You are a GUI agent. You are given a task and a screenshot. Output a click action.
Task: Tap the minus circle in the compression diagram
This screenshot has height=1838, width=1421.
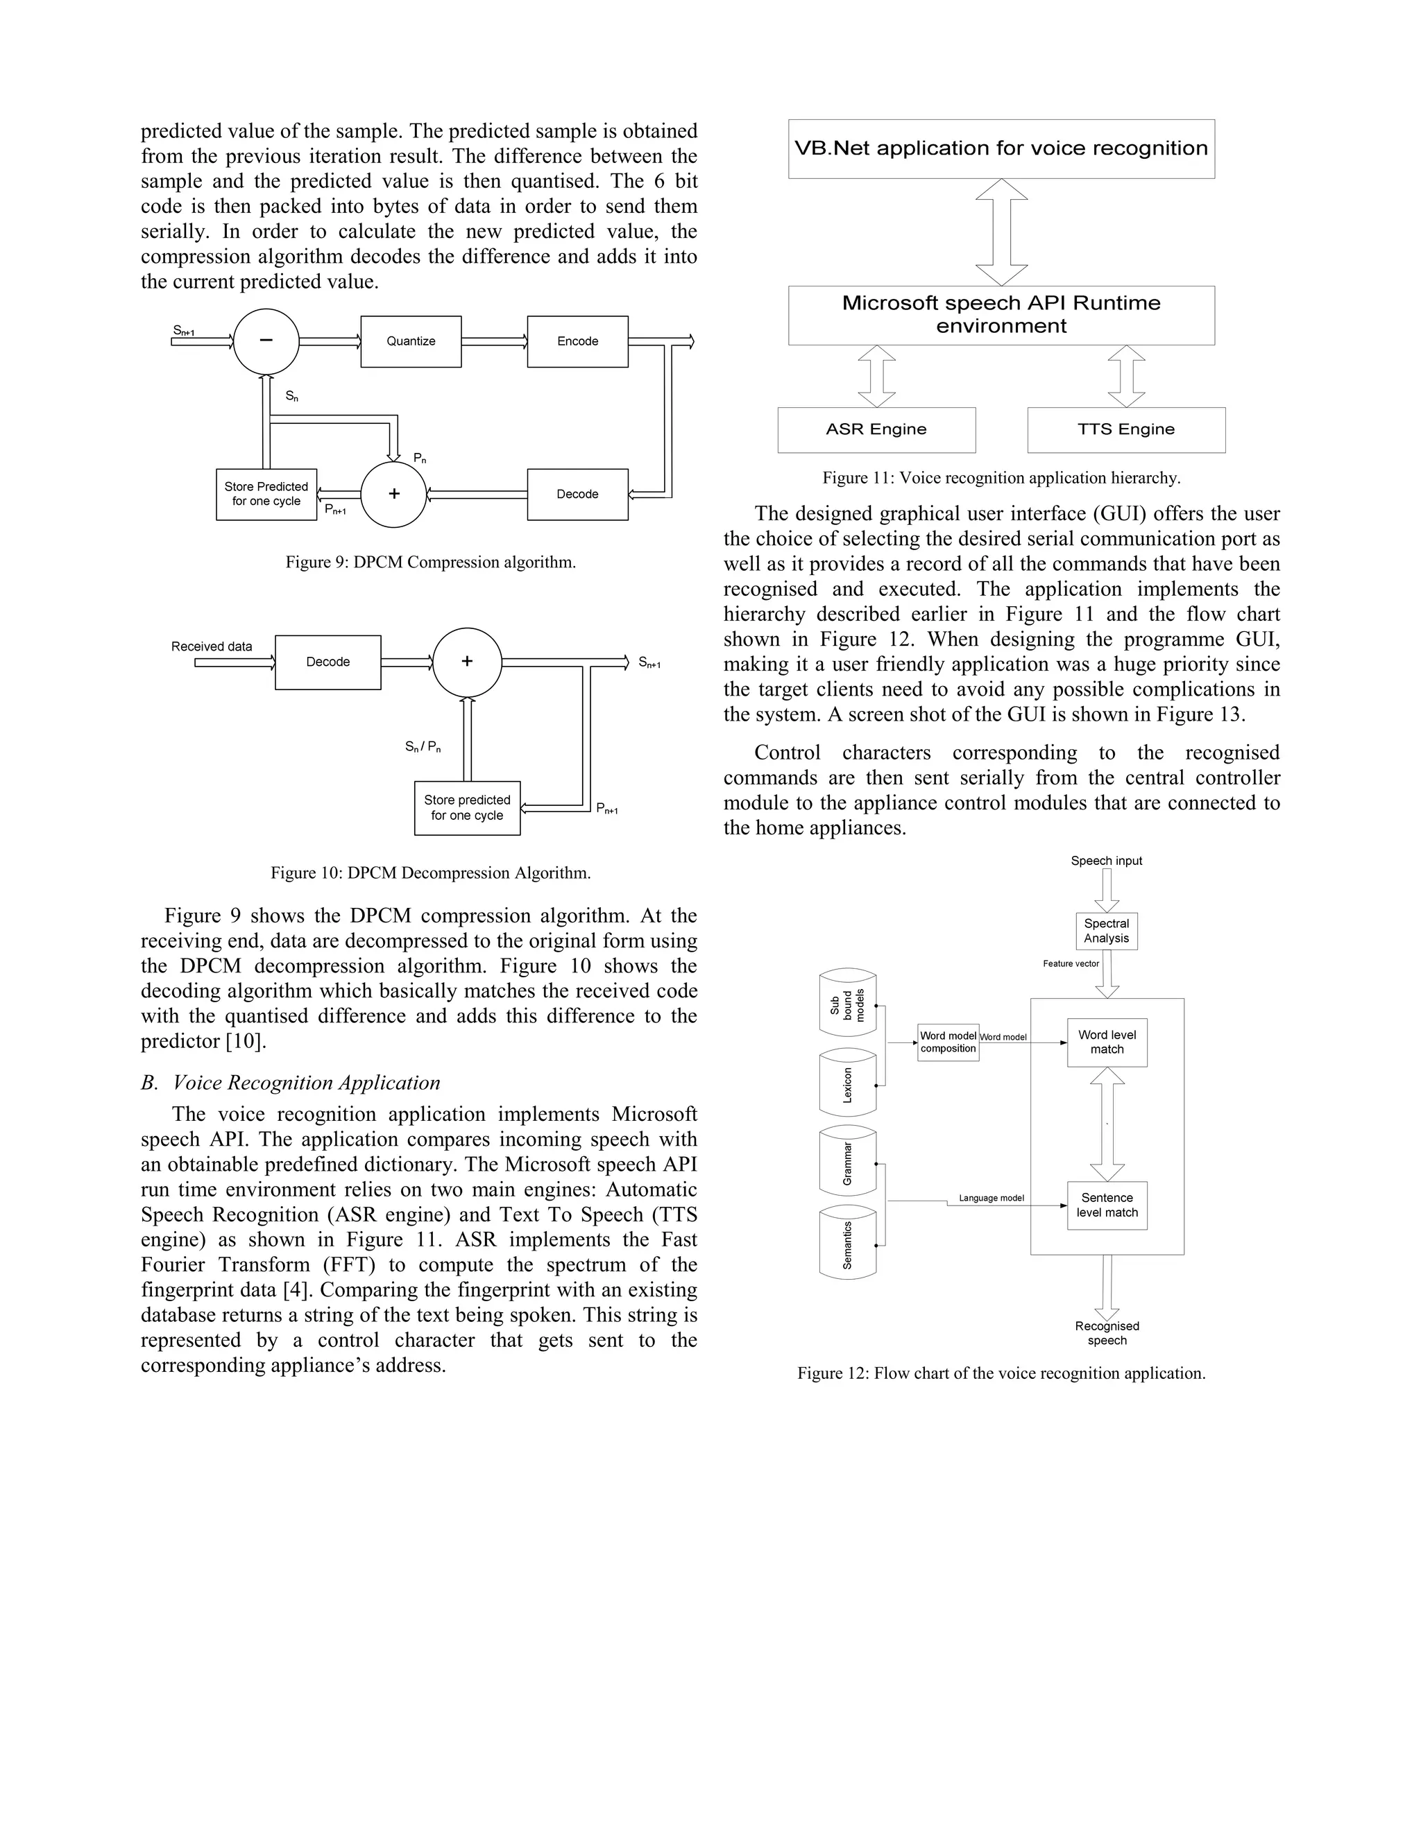266,341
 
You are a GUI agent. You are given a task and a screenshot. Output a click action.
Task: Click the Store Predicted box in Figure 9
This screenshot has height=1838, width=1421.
266,494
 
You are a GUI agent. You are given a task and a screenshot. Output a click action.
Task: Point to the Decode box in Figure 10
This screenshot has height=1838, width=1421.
327,662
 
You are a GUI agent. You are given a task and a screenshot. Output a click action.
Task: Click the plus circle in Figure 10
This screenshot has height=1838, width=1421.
467,662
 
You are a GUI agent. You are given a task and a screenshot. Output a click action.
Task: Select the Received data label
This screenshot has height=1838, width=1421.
212,646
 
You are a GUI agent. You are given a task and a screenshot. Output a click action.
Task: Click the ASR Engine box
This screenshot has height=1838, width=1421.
876,430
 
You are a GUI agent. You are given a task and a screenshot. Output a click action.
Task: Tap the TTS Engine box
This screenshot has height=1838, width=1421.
1126,430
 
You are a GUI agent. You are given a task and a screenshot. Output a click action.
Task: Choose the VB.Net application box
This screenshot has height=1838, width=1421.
1001,149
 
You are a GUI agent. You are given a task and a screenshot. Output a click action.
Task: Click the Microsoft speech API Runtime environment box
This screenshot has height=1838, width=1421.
1001,315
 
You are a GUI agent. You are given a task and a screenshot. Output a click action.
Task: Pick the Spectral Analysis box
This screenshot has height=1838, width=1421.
1106,931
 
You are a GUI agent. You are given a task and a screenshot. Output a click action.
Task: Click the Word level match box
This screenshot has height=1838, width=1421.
1107,1042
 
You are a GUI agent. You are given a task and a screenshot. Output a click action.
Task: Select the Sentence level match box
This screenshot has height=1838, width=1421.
1107,1205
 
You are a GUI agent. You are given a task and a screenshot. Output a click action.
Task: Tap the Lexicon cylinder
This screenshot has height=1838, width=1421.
848,1084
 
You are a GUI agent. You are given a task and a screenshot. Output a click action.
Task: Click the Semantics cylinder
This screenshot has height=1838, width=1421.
848,1245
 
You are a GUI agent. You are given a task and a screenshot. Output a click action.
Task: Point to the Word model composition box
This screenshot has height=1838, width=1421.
948,1042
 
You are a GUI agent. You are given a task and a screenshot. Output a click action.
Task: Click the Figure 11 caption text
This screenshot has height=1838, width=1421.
1001,478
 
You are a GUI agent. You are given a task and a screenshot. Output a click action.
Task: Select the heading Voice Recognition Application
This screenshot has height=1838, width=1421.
307,1083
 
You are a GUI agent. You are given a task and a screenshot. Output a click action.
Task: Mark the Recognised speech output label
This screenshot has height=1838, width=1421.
1107,1333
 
